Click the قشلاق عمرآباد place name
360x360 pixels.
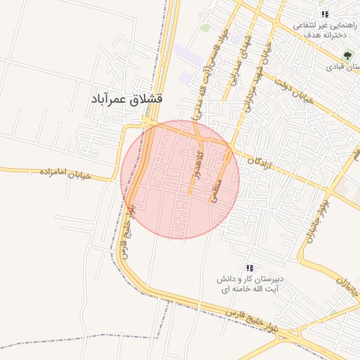tap(127, 100)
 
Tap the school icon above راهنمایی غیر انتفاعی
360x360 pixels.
tap(323, 14)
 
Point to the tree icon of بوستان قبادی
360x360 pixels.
tap(347, 56)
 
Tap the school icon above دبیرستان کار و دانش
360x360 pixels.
tap(249, 268)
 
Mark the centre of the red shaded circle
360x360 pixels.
tap(180, 180)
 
